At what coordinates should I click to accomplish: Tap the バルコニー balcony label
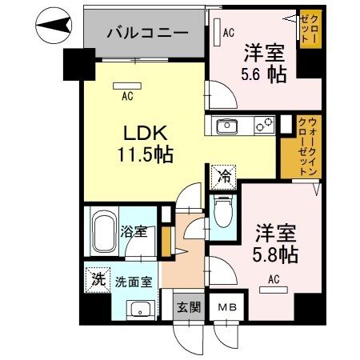(148, 34)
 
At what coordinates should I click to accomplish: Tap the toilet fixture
(222, 212)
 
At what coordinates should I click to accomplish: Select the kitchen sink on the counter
(223, 126)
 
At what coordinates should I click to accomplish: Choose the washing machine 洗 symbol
(96, 279)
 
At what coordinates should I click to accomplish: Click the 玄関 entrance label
(186, 307)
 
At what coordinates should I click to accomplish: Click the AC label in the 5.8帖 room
(273, 279)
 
